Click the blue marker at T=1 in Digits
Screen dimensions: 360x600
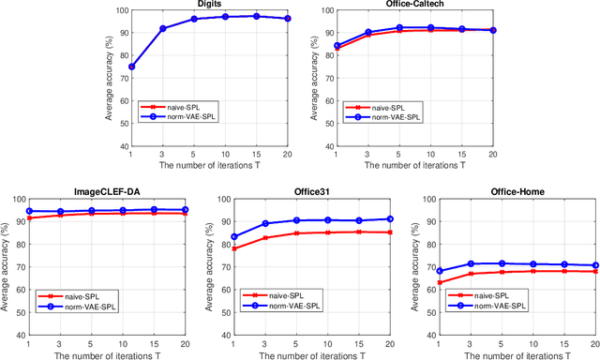point(130,67)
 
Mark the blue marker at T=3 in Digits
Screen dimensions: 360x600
point(162,28)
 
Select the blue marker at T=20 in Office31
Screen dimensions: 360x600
point(391,219)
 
